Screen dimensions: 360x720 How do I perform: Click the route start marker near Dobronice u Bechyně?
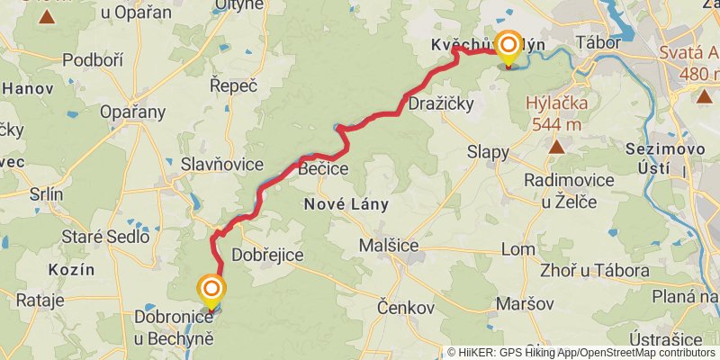click(x=211, y=290)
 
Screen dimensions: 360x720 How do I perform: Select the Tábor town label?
click(x=592, y=42)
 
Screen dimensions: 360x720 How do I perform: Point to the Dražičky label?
click(x=441, y=104)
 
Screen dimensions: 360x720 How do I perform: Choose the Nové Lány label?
click(x=346, y=204)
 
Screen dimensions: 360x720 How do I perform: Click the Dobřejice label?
click(x=267, y=256)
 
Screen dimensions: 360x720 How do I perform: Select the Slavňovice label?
click(x=222, y=164)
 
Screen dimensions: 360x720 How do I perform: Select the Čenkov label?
click(x=407, y=307)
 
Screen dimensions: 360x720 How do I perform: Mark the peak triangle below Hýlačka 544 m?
click(x=557, y=145)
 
